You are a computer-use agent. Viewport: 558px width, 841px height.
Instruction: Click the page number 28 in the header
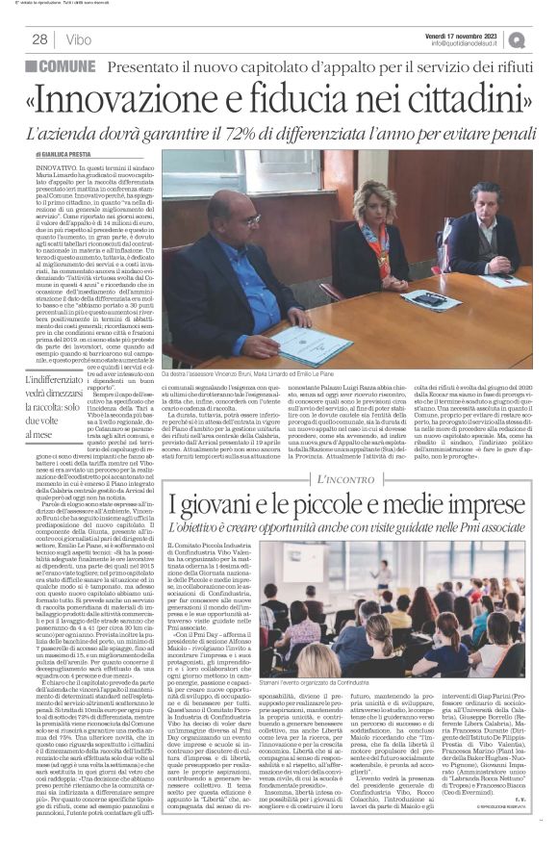coord(40,39)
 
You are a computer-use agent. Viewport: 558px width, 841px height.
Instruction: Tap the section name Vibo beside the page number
coord(81,39)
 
